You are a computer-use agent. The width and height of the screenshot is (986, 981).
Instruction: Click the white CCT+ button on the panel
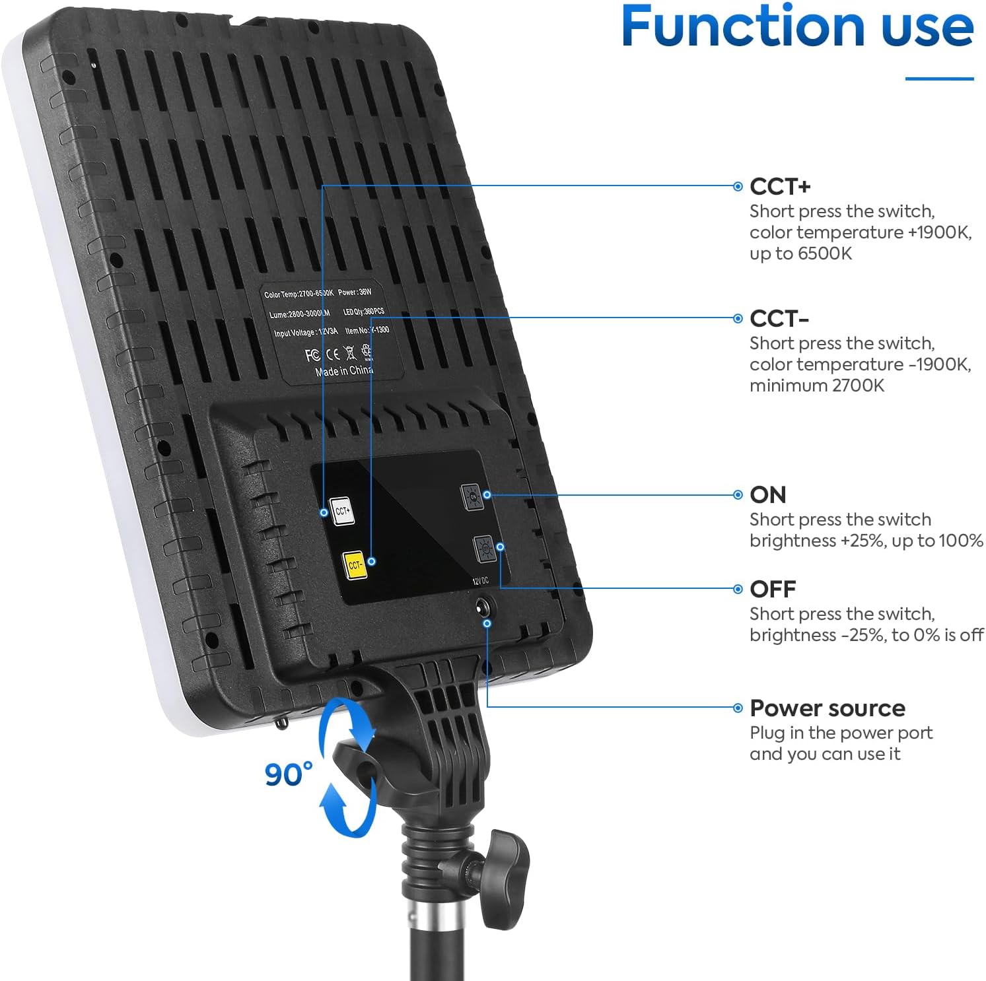coord(341,510)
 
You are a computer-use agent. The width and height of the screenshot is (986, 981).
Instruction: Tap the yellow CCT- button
coord(355,564)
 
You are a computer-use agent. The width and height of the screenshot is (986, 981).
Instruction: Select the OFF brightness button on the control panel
coord(485,549)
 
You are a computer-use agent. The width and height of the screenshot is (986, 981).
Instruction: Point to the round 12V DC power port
coord(483,606)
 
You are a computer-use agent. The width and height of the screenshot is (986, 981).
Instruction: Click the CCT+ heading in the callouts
coord(780,187)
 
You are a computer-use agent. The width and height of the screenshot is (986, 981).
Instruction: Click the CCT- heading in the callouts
coord(779,319)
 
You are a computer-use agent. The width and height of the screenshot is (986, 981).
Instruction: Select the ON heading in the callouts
coord(768,495)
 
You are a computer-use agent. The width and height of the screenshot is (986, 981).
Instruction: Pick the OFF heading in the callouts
coord(773,589)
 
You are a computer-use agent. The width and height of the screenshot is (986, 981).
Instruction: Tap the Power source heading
coord(828,708)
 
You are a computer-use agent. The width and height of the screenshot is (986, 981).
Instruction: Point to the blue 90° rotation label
coord(289,774)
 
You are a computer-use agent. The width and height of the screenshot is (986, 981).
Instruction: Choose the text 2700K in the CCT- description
coord(857,386)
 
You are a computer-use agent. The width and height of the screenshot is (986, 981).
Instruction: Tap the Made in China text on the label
coord(344,371)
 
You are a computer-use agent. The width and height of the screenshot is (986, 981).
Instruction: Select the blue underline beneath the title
coord(939,79)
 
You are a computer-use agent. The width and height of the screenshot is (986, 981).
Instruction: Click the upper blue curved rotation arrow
coord(345,724)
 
